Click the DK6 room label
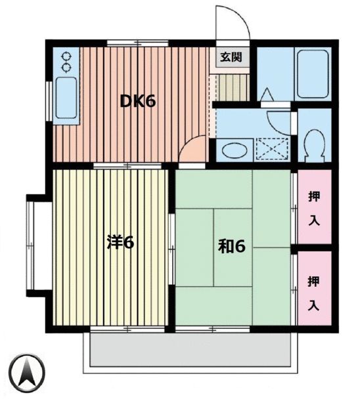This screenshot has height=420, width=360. (x=137, y=102)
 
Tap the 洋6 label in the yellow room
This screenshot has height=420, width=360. (x=120, y=243)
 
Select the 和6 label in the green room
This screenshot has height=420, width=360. (x=231, y=247)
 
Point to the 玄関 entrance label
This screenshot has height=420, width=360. (x=230, y=57)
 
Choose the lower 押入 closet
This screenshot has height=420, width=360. (x=313, y=291)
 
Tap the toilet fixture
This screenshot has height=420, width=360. (x=314, y=144)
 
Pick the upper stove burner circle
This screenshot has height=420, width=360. (x=66, y=56)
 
